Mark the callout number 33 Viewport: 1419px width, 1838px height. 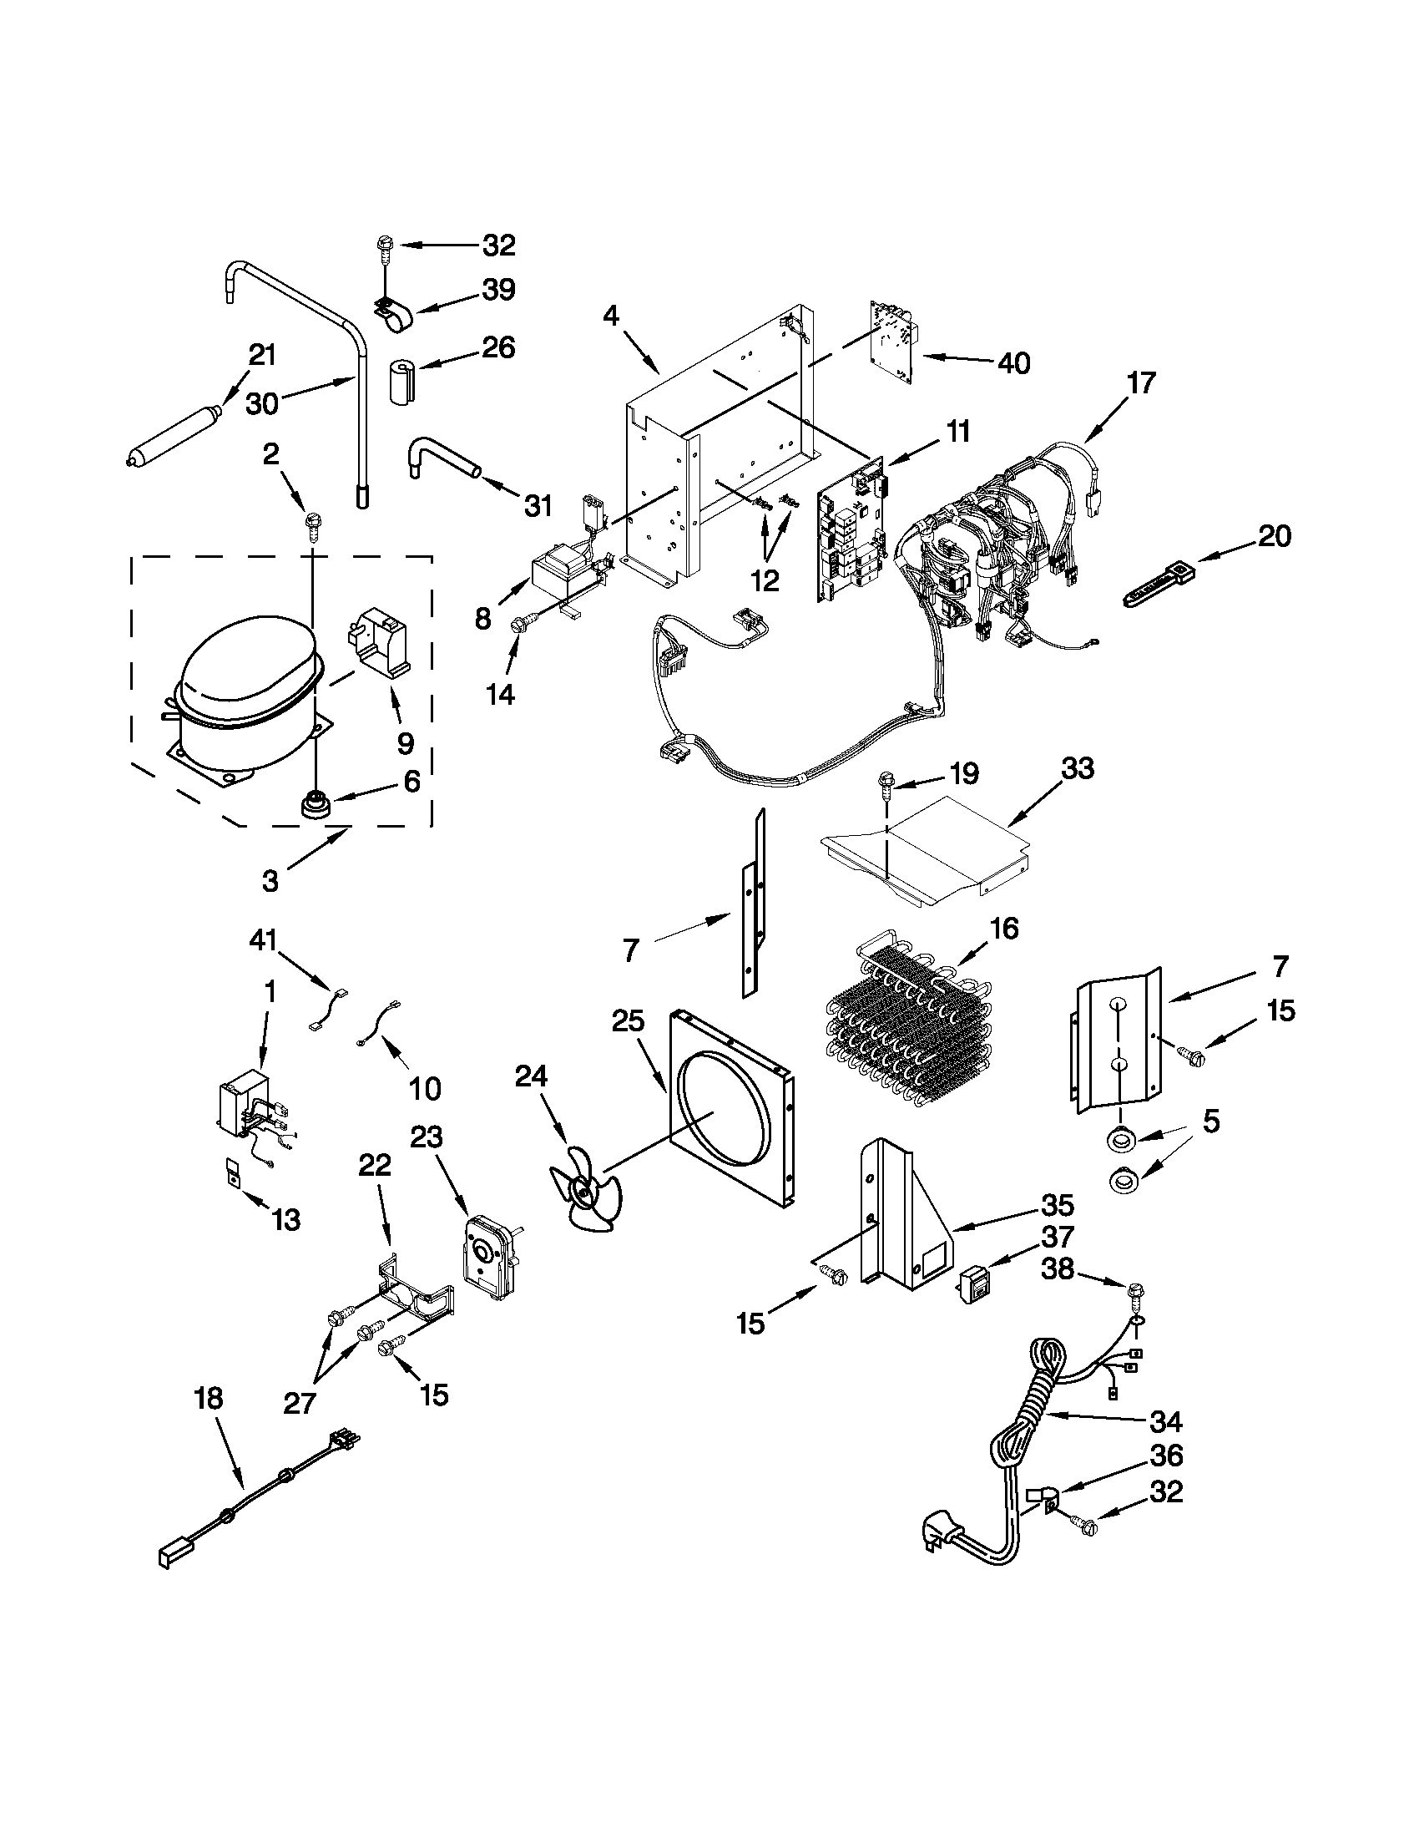coord(1078,768)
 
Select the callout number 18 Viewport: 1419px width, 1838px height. coord(208,1399)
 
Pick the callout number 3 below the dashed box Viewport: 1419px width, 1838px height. coord(270,881)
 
